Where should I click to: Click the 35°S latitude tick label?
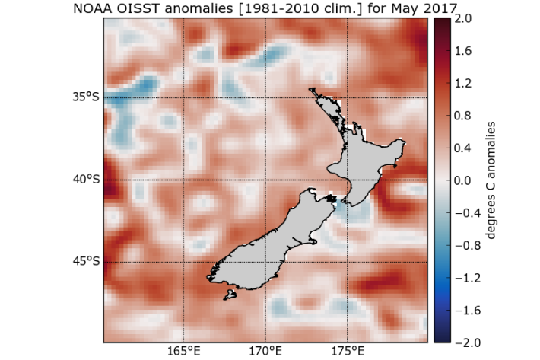86,98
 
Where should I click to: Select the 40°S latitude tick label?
86,180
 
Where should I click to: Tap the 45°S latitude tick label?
86,262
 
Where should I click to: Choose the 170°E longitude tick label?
265,352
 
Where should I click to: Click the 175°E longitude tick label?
348,352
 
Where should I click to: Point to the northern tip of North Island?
312,91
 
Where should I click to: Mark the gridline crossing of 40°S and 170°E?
265,180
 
